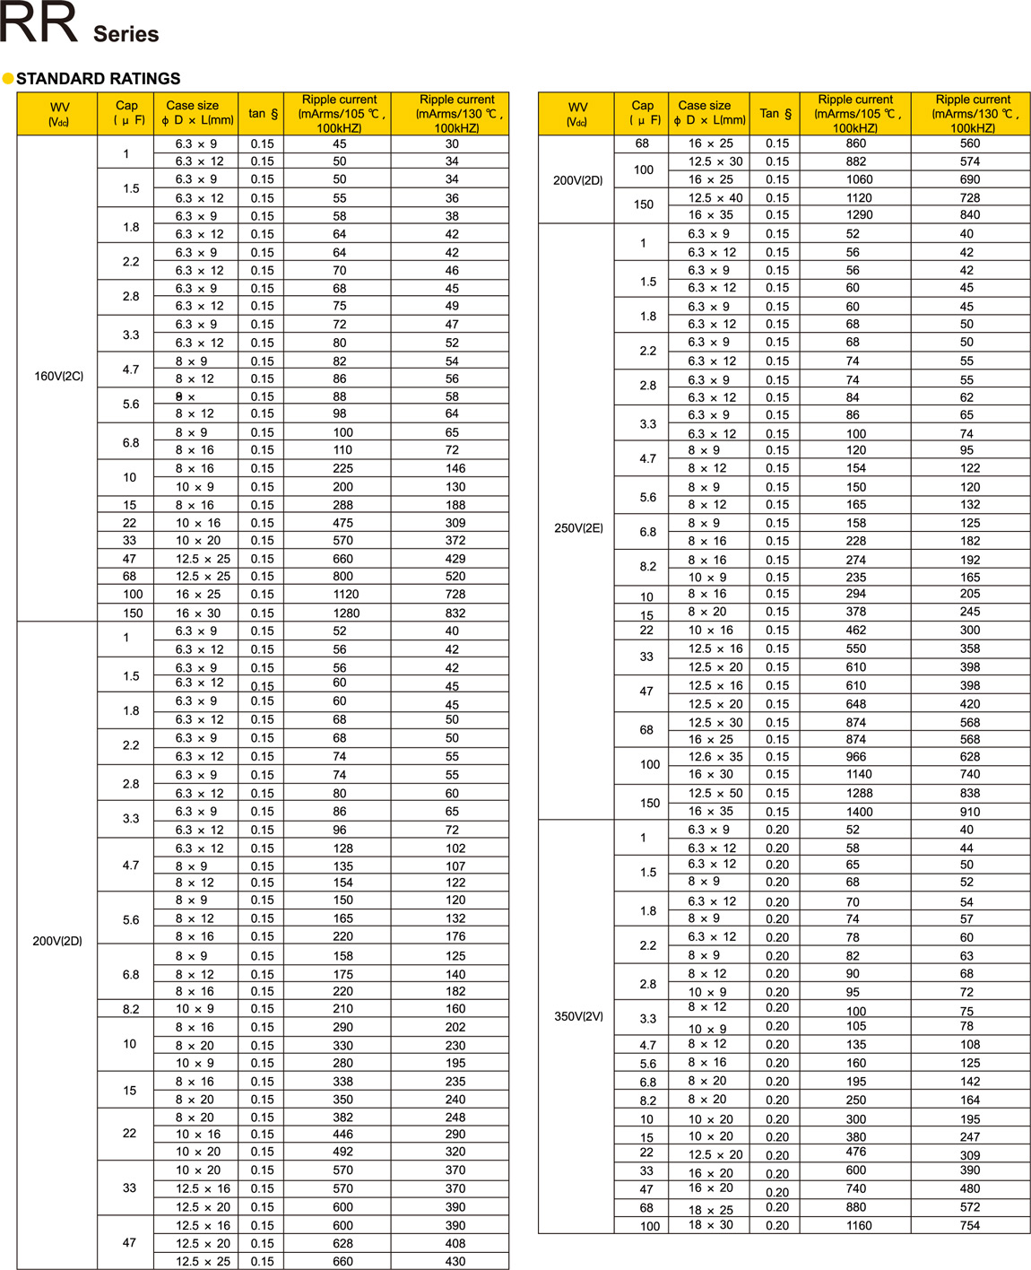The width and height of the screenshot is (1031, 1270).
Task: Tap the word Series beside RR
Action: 126,34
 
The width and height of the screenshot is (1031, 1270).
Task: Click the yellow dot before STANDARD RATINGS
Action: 8,79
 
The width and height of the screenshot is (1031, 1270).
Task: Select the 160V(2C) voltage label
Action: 58,376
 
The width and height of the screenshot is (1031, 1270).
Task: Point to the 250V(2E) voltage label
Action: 578,528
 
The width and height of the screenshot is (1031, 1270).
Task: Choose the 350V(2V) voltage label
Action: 578,1016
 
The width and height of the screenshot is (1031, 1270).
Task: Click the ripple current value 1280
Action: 346,613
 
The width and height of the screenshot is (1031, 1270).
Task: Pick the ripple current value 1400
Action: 859,812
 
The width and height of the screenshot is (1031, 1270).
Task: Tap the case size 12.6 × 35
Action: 715,757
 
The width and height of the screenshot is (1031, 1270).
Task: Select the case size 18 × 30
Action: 711,1225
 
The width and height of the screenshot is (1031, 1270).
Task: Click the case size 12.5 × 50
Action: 715,793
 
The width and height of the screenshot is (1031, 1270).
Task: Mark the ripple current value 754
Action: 970,1225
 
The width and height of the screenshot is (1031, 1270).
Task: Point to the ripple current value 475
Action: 342,523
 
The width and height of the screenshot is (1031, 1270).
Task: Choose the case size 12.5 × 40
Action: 715,197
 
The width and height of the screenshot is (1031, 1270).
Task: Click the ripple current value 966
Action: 856,757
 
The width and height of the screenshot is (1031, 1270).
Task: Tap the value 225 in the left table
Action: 342,468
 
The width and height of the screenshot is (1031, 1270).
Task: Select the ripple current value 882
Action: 856,161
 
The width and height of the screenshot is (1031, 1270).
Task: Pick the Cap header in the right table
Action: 644,113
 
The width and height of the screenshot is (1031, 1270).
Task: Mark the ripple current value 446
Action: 342,1135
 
